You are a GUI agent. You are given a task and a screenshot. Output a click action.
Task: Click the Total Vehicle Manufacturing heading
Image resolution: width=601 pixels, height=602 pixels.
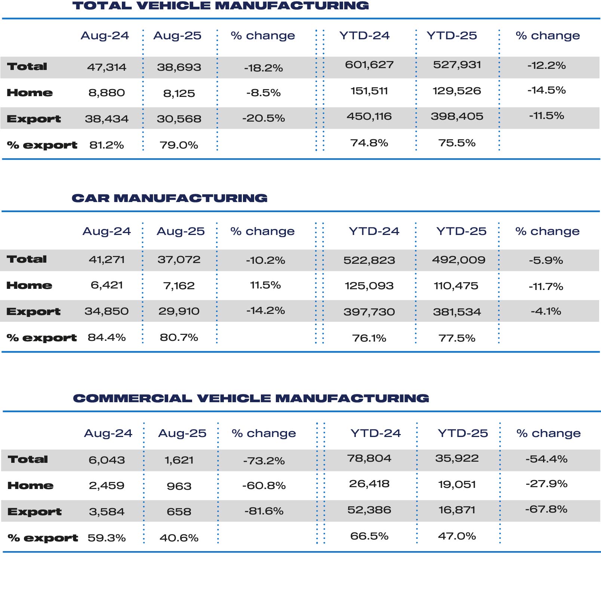[221, 6]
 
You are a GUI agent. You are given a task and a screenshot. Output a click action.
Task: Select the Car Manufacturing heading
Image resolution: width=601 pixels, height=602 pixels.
[170, 198]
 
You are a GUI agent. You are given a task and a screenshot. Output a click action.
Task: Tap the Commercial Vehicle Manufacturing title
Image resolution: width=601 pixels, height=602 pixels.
[251, 398]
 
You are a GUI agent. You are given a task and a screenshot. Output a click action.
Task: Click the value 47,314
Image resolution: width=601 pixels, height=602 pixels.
[107, 67]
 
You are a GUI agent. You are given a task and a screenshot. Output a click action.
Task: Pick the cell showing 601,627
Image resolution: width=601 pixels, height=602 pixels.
[369, 65]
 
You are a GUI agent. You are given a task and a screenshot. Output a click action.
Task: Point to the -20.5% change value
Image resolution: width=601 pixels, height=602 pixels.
[263, 118]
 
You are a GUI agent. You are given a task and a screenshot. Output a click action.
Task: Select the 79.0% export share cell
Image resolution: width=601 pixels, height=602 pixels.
[179, 145]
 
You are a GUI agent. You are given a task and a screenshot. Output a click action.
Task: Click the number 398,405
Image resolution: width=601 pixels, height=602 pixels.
[457, 116]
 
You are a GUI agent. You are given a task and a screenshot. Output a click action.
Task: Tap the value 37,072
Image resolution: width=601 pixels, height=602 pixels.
[179, 259]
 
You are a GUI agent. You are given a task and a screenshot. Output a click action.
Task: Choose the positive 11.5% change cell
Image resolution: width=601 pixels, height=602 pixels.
[265, 285]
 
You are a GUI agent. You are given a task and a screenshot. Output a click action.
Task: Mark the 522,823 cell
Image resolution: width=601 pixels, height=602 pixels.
[369, 260]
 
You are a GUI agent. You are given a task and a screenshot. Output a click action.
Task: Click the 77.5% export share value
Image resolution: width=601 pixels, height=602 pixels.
[457, 338]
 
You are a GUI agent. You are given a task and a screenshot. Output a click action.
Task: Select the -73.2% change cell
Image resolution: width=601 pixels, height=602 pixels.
[264, 461]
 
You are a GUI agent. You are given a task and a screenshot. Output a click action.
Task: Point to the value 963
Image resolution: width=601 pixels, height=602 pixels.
[179, 486]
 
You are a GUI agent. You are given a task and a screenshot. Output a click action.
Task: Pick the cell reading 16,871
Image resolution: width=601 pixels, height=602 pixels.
[457, 510]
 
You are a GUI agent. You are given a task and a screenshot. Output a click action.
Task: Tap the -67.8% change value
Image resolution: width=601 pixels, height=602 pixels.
[546, 509]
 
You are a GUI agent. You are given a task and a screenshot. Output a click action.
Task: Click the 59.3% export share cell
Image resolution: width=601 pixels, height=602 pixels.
[107, 538]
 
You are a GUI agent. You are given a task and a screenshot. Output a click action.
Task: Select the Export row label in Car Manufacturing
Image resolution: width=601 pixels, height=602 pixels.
[33, 312]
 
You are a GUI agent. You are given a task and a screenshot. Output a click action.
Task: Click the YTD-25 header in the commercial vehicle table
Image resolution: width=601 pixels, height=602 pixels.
[463, 433]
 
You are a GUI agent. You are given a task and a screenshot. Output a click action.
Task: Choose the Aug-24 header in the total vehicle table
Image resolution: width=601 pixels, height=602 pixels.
[105, 36]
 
